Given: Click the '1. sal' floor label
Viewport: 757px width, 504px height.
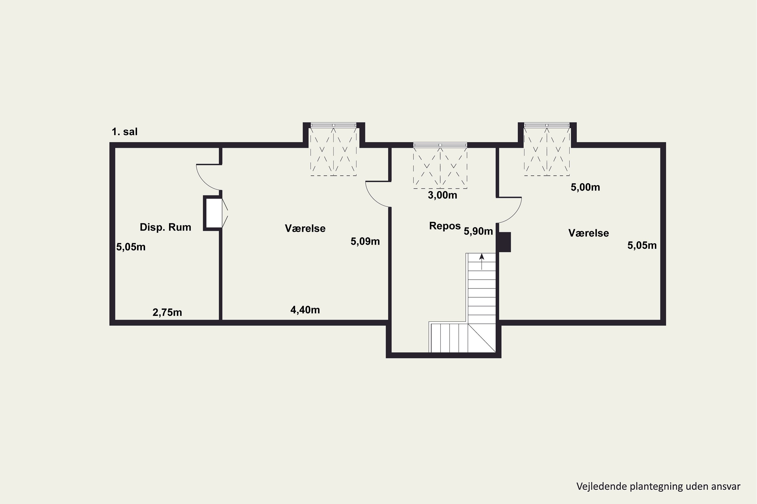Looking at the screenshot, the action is click(125, 132).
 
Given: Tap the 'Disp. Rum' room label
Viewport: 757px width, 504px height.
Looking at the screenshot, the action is click(166, 228).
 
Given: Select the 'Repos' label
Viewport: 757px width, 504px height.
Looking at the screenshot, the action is click(445, 226).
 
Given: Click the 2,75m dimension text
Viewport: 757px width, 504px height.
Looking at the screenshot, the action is click(167, 312).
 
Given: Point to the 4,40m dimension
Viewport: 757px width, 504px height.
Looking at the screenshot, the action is click(305, 310).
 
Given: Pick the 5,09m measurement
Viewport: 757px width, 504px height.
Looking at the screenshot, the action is click(365, 241).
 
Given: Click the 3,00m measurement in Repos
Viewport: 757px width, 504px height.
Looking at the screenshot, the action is click(442, 195).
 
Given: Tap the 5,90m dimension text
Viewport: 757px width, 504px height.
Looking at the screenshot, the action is click(478, 231).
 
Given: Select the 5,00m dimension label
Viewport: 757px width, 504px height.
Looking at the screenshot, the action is click(585, 187).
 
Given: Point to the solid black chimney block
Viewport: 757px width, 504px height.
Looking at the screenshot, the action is click(505, 242).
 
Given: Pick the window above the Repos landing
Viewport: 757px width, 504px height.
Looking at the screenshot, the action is click(440, 145).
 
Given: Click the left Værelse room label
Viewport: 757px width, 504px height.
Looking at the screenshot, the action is click(305, 229).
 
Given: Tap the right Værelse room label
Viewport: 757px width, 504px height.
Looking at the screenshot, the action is click(589, 233).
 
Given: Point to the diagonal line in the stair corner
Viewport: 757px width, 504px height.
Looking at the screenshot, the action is click(481, 338).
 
